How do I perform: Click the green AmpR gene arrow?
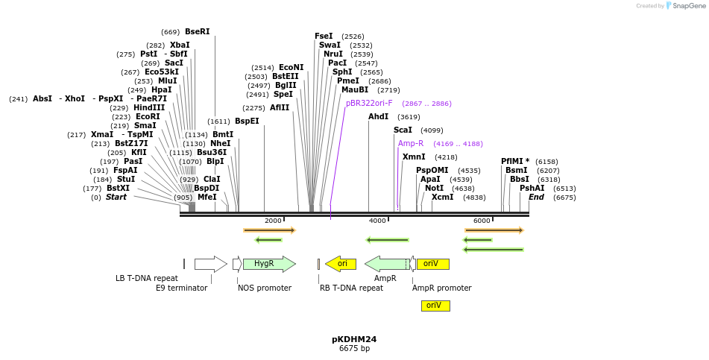pos(385,264)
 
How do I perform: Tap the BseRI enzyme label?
pos(198,32)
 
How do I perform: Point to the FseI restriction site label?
pos(324,36)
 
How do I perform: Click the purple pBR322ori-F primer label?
pos(368,104)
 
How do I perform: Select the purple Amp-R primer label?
pos(411,143)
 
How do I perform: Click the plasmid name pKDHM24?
pos(354,339)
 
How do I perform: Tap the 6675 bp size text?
pos(354,349)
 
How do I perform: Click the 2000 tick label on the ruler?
pos(273,221)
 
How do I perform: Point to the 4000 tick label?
pos(377,221)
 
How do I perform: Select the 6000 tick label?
pos(482,221)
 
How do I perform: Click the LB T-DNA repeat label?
pos(147,279)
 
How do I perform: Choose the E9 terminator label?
pos(181,288)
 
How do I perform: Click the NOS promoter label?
pos(265,288)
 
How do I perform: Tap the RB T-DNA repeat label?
pos(351,288)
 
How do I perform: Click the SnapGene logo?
pos(684,6)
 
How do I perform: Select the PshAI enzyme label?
pos(532,189)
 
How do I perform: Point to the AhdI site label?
pos(379,117)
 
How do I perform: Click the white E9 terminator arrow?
pos(210,264)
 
